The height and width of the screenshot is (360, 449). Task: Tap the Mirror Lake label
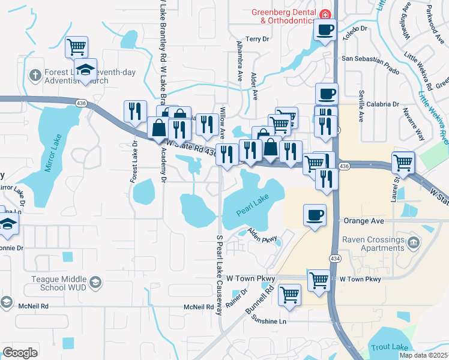point(53,158)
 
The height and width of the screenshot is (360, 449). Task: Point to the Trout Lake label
point(390,347)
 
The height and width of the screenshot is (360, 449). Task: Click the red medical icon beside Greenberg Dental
point(325,14)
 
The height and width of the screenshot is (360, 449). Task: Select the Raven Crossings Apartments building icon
point(412,242)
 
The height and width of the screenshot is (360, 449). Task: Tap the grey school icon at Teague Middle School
point(95,282)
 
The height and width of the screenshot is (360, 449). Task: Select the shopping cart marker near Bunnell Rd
point(290,295)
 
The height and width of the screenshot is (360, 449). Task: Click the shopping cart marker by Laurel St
point(403,161)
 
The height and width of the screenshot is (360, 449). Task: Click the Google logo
point(20,352)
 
